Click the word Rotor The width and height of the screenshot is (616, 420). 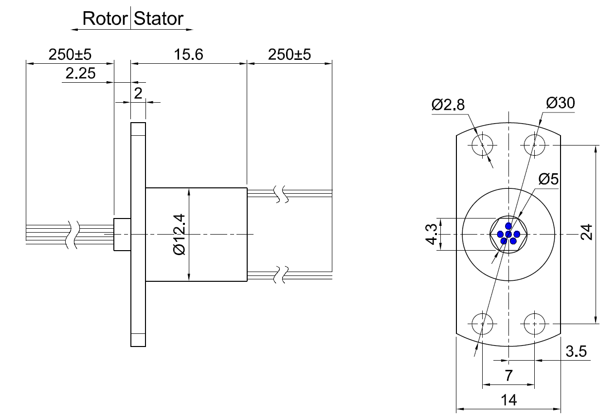(105, 19)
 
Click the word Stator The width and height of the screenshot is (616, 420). (159, 19)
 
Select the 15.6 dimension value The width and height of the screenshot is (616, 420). (189, 55)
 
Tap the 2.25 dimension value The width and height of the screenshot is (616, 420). (80, 74)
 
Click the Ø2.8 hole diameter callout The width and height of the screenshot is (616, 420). (448, 105)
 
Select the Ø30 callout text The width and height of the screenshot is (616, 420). (560, 103)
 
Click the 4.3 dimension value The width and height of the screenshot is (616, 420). (431, 234)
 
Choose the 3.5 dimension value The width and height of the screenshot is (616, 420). (576, 351)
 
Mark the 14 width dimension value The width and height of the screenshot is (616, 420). (508, 401)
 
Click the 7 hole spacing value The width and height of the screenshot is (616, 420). (509, 376)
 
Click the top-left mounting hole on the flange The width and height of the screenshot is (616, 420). (483, 145)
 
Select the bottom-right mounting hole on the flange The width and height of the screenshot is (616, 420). (535, 323)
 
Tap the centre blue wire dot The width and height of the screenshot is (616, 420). (508, 235)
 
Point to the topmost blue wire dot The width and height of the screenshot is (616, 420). (508, 226)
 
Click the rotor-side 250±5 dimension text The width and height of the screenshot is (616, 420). (70, 55)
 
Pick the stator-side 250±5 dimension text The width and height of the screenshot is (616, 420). (289, 55)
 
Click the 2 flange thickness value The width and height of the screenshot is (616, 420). (138, 93)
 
